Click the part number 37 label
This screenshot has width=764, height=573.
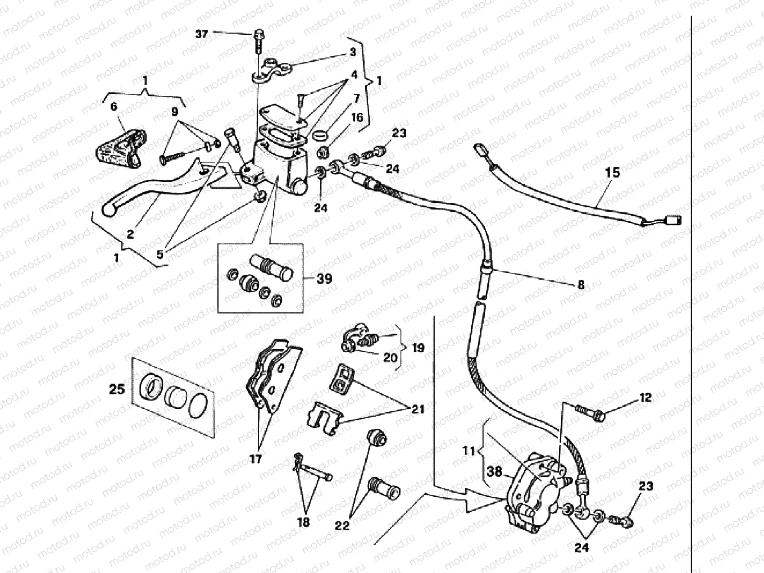click(x=202, y=34)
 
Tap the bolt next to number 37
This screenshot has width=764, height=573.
click(x=258, y=37)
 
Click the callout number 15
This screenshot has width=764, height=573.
click(x=612, y=172)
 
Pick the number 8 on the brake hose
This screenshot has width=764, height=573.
click(x=581, y=285)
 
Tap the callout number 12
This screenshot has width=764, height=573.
click(x=645, y=398)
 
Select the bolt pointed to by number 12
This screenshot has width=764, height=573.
click(x=590, y=413)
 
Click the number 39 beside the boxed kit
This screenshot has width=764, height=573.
click(x=324, y=279)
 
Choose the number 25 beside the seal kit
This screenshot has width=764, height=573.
click(x=117, y=388)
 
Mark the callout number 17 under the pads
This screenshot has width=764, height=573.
click(x=256, y=459)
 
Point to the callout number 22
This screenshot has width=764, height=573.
click(x=342, y=525)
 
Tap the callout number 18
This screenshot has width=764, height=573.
click(x=303, y=522)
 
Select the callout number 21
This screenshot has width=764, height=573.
click(x=417, y=409)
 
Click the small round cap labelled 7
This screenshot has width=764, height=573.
click(x=319, y=136)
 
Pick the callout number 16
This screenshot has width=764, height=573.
click(x=358, y=117)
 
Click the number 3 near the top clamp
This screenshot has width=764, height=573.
click(x=353, y=52)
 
